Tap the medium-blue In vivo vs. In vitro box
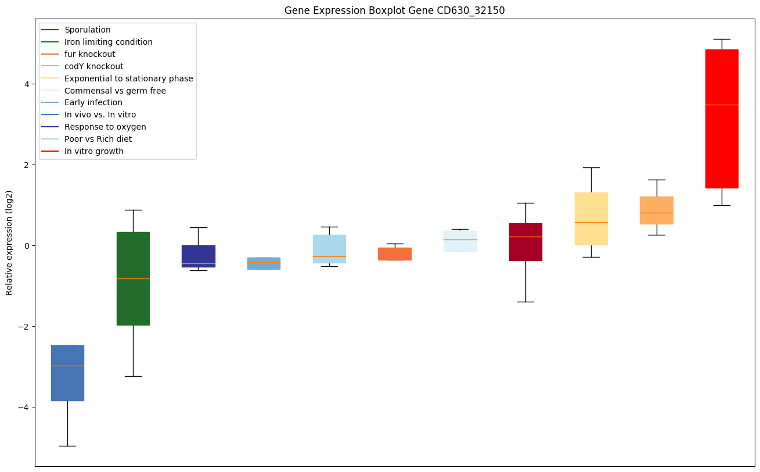67,384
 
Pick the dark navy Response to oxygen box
199,255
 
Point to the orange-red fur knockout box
395,254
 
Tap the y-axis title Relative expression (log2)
9,242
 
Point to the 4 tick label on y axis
27,84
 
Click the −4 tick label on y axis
24,407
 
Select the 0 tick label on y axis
27,245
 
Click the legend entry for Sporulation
88,30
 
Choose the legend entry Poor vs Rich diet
98,139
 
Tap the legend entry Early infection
93,102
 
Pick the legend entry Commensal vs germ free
115,91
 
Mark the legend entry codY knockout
93,66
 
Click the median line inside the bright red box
722,105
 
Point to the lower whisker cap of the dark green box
133,376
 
